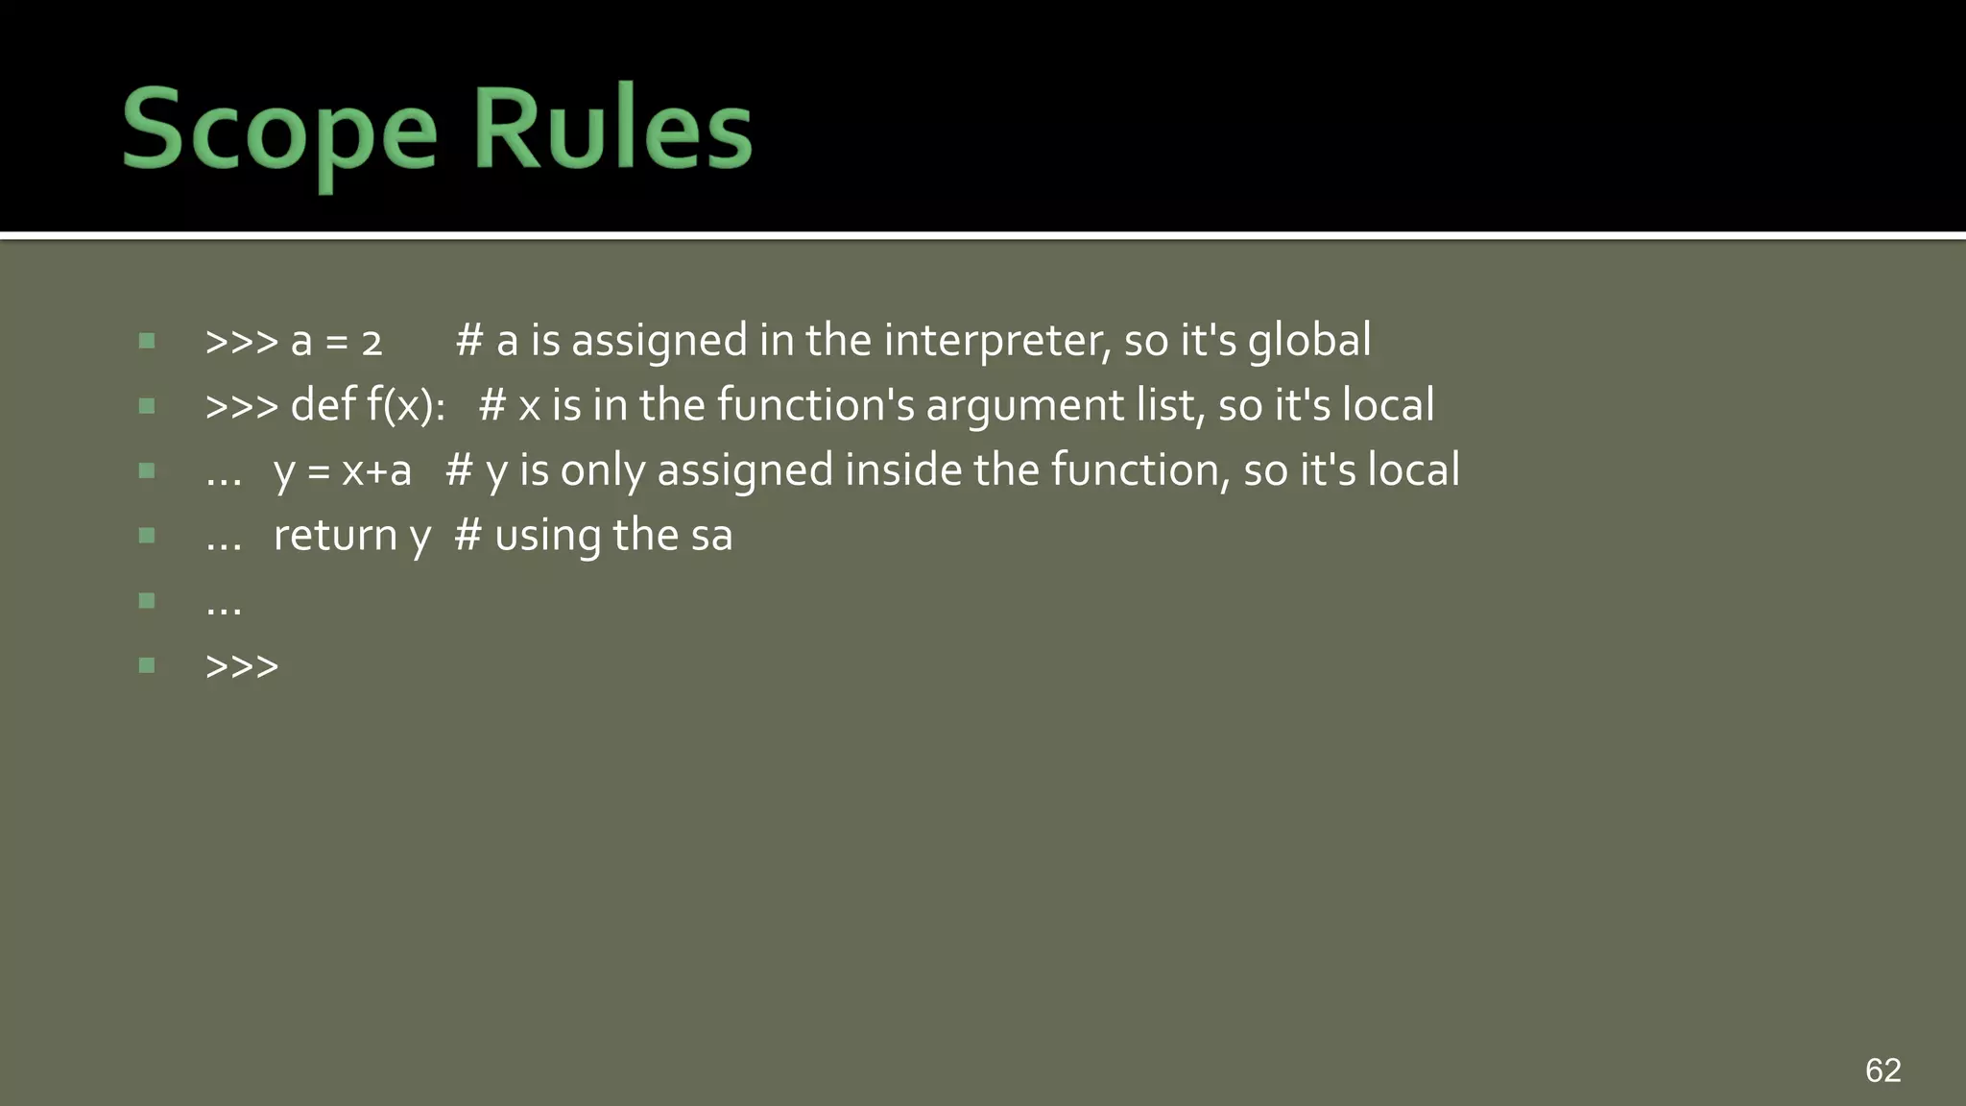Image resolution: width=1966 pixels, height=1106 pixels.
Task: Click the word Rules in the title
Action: point(612,129)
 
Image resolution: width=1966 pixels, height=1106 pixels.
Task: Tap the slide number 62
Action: point(1882,1070)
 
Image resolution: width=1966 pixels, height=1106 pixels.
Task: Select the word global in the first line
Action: point(1309,342)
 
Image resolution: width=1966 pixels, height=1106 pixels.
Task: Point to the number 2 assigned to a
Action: point(372,344)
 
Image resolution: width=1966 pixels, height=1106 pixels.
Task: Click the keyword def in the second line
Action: point(324,405)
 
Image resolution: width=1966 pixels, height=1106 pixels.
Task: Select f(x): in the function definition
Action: point(405,406)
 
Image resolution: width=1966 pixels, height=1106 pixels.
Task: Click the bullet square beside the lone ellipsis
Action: point(147,601)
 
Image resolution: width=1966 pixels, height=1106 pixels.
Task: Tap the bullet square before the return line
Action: point(147,536)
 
